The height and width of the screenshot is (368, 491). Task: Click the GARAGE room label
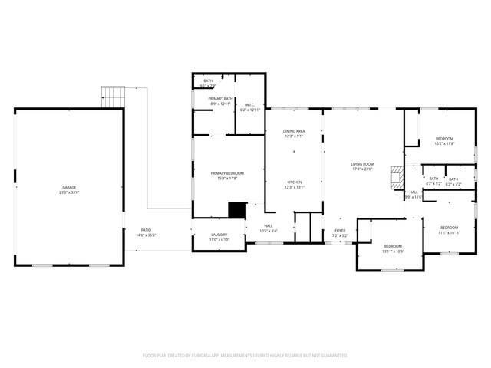click(69, 187)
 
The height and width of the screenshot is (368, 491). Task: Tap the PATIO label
click(146, 230)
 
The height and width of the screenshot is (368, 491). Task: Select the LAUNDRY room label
click(219, 235)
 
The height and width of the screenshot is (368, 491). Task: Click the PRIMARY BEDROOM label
click(228, 173)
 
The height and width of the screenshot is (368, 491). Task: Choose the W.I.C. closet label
click(250, 105)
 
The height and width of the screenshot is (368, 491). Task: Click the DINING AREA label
click(294, 131)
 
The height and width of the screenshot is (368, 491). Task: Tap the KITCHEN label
click(295, 182)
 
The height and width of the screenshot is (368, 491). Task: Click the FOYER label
click(340, 230)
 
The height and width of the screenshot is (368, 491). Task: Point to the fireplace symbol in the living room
click(395, 177)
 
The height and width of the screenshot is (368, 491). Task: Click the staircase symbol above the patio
click(113, 97)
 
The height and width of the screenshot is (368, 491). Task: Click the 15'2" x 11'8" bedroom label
click(445, 138)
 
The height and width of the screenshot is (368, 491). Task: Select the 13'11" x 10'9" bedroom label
click(393, 247)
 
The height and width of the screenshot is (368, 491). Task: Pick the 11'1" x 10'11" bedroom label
click(450, 227)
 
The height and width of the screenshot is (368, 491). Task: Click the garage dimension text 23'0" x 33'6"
click(69, 192)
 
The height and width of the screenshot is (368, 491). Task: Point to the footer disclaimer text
click(245, 356)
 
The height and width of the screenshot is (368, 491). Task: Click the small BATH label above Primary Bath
click(208, 80)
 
